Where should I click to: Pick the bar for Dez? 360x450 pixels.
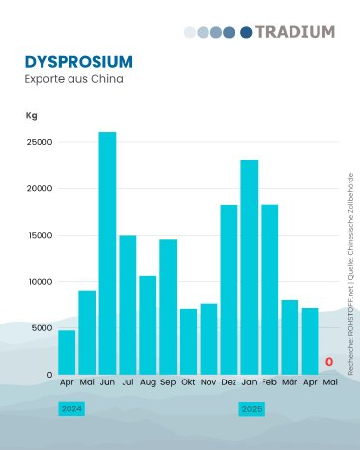(229, 289)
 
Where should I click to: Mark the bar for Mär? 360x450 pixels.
(290, 337)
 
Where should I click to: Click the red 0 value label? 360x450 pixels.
(329, 363)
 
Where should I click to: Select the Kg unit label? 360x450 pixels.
(31, 115)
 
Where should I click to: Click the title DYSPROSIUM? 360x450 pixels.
(79, 61)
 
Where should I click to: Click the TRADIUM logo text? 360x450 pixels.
(300, 32)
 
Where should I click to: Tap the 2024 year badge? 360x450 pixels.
(71, 409)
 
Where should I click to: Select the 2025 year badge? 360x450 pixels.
(251, 409)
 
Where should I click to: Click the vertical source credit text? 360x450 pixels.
(351, 273)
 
